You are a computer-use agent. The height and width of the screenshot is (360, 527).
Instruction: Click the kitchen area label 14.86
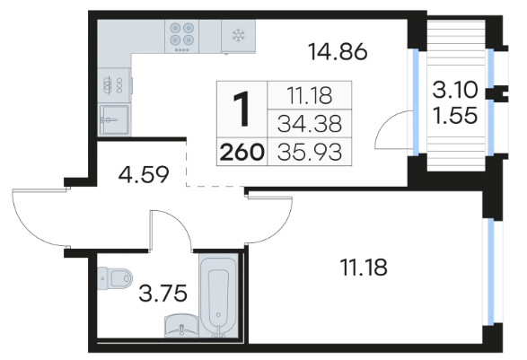pyautogui.click(x=338, y=52)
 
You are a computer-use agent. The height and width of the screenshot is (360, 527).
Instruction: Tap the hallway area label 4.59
pyautogui.click(x=144, y=175)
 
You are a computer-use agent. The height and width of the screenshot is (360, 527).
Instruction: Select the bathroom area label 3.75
pyautogui.click(x=162, y=293)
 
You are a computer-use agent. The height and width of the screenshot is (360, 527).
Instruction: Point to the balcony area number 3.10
pyautogui.click(x=455, y=90)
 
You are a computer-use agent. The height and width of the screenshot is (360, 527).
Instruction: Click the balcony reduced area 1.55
pyautogui.click(x=455, y=115)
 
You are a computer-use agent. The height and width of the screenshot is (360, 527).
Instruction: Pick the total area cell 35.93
pyautogui.click(x=310, y=152)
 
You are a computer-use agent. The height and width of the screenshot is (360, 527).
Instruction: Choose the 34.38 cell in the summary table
pyautogui.click(x=310, y=123)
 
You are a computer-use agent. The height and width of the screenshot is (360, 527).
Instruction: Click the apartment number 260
pyautogui.click(x=242, y=152)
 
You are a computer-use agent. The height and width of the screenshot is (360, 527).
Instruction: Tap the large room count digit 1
pyautogui.click(x=242, y=110)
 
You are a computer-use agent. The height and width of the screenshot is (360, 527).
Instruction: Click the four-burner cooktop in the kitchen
pyautogui.click(x=181, y=36)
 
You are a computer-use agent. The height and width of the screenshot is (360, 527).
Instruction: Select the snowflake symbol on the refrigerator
pyautogui.click(x=238, y=35)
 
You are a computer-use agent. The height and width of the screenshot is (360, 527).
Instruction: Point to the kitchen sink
pyautogui.click(x=114, y=119)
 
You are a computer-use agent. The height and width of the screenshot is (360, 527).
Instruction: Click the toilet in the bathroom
pyautogui.click(x=115, y=278)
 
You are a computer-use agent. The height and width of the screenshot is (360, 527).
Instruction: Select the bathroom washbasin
pyautogui.click(x=181, y=326)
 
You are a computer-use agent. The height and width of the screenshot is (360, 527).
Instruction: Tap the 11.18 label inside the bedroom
pyautogui.click(x=364, y=268)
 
